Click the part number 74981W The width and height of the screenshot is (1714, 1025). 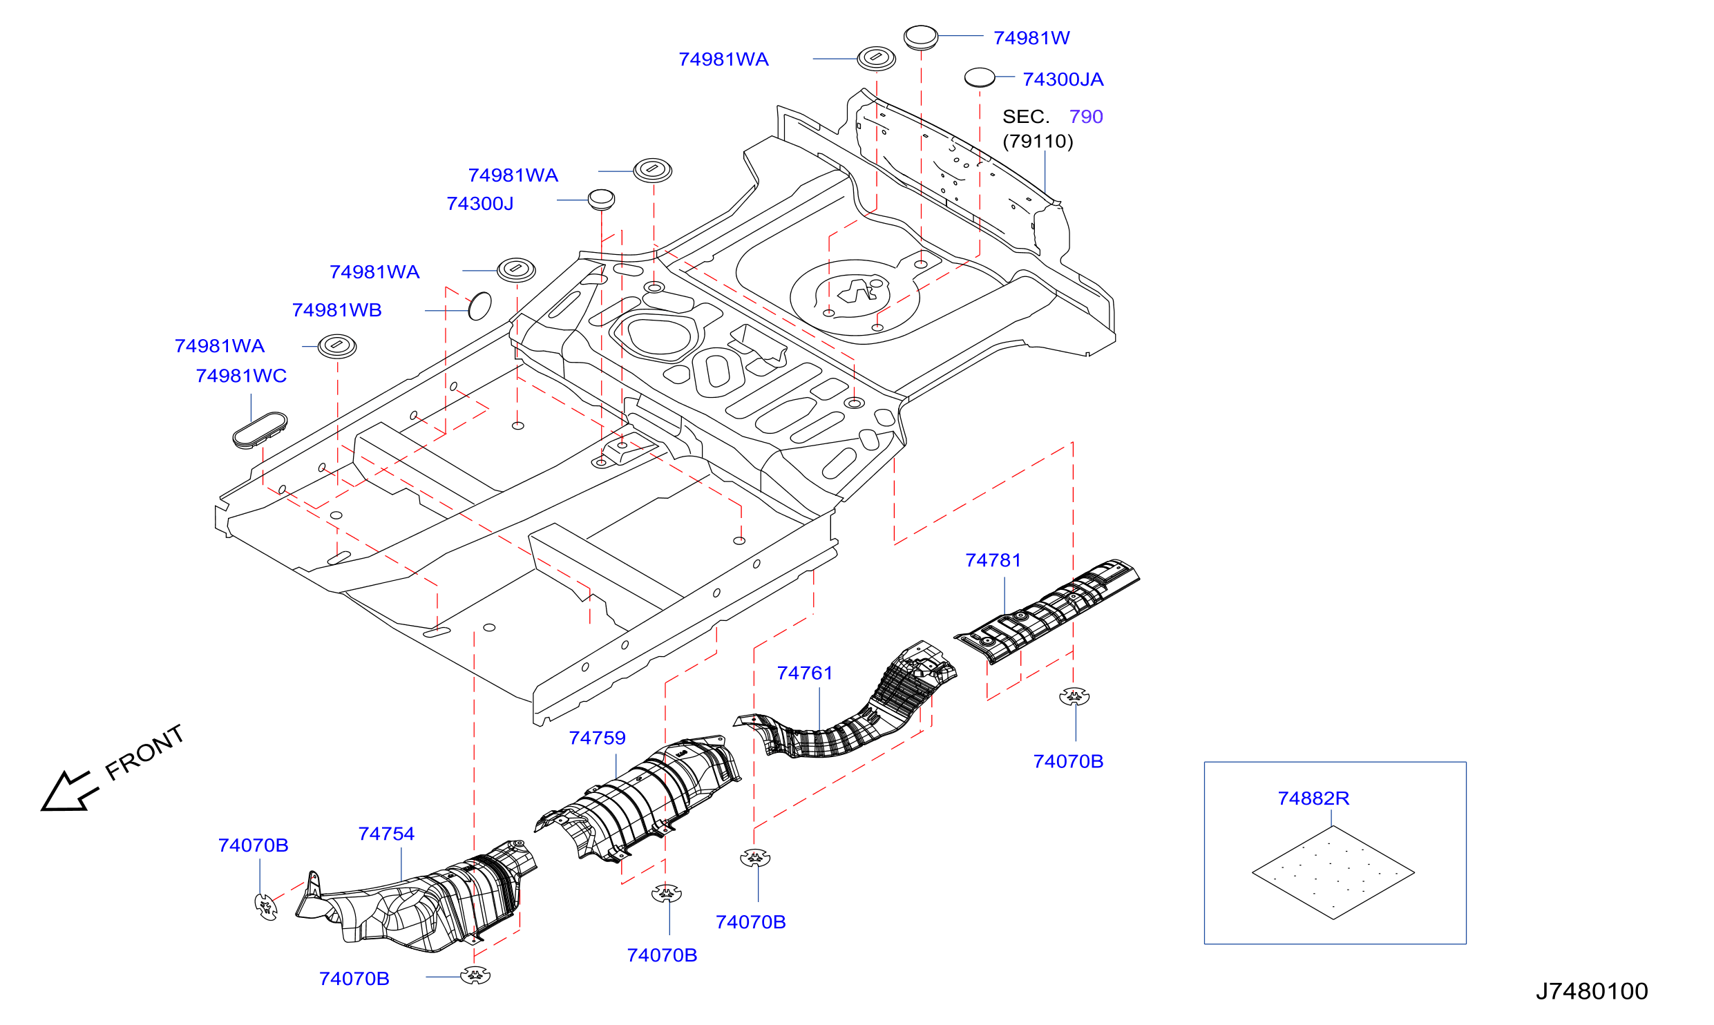tap(1031, 38)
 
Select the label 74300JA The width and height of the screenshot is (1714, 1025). tap(1063, 79)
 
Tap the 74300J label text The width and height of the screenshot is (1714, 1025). tap(480, 204)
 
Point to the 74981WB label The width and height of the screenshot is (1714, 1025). tap(337, 310)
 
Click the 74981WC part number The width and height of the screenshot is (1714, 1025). tap(241, 376)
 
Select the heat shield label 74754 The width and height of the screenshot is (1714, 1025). tap(386, 834)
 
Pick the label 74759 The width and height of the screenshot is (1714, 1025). tap(598, 738)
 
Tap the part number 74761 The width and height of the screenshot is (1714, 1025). tap(805, 673)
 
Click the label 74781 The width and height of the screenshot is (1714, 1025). tap(993, 560)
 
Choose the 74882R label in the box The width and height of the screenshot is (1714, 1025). tap(1313, 798)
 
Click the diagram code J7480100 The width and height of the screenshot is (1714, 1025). tap(1592, 991)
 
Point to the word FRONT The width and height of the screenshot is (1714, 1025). tap(144, 752)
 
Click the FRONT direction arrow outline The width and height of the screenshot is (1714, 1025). tap(69, 792)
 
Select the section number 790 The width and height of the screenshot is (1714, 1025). tap(1086, 117)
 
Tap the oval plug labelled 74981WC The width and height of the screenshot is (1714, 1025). tap(260, 430)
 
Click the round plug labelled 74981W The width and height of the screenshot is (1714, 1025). tap(921, 37)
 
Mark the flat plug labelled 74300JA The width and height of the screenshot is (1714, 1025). tap(980, 77)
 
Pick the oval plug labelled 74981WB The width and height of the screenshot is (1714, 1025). tap(480, 306)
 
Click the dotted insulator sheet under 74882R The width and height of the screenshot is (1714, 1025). tap(1333, 873)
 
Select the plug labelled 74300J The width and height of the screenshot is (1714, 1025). tap(601, 199)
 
